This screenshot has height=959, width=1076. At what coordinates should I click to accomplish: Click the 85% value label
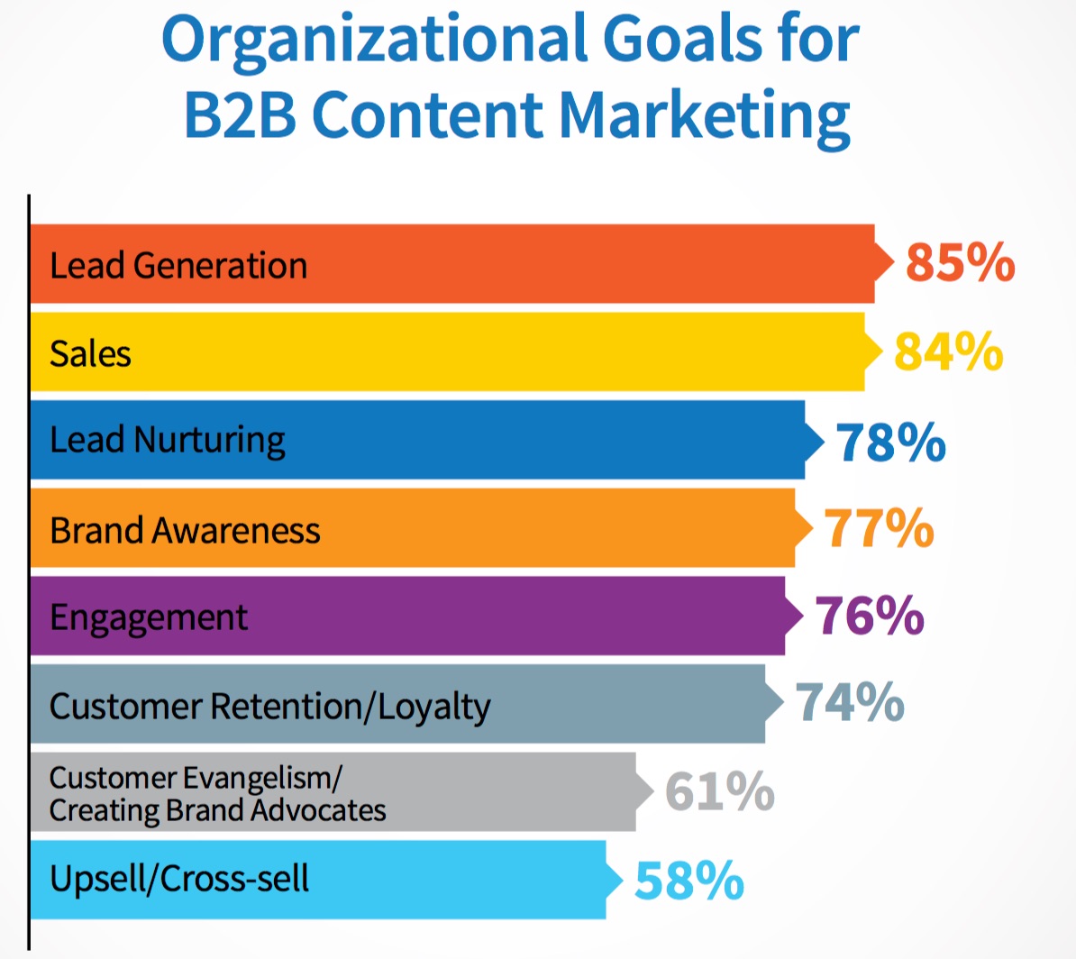[960, 262]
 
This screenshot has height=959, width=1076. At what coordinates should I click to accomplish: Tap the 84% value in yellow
[948, 352]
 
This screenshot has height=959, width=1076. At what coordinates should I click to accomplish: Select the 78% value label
[890, 442]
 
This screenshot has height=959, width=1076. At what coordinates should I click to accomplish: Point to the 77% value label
[879, 528]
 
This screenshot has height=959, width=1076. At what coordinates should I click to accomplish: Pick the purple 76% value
[870, 616]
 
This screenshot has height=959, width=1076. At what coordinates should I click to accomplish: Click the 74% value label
[850, 703]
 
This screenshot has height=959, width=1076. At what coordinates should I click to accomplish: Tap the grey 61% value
[719, 791]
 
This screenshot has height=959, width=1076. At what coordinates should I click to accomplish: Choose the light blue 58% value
[689, 881]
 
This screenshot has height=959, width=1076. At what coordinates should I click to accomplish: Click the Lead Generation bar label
[178, 266]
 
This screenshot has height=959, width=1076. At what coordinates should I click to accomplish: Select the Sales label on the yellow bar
[90, 353]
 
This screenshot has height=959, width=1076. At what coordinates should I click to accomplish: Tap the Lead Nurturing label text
[168, 441]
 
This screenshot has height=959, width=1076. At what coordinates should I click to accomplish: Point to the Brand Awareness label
[185, 530]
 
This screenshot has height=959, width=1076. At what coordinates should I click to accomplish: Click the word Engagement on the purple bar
[149, 618]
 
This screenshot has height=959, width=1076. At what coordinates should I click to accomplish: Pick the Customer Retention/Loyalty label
[269, 707]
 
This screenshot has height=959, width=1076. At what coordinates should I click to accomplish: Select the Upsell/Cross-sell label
[179, 879]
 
